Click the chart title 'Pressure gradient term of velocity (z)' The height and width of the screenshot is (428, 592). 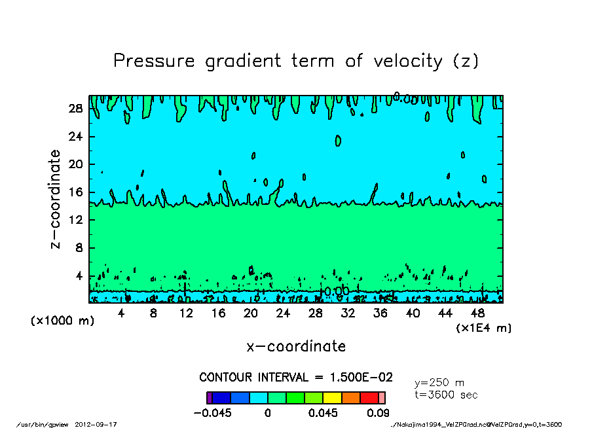point(296,62)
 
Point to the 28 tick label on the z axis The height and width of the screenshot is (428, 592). point(75,109)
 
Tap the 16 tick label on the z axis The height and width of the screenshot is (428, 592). point(75,192)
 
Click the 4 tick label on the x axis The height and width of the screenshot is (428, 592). point(121,313)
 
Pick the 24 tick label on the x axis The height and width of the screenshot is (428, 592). point(283,313)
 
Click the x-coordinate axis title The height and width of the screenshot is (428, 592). point(296,346)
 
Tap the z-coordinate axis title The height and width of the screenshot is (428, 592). point(56,199)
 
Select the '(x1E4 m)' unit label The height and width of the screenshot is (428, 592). point(484,328)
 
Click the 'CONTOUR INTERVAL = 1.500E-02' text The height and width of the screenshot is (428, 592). point(296,378)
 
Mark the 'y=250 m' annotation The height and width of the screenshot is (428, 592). point(439,382)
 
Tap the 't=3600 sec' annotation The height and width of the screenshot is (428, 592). point(447,395)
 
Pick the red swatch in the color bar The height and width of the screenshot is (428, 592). point(369,397)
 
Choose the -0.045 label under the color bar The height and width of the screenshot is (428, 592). point(212,413)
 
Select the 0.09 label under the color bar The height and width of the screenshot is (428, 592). point(379,413)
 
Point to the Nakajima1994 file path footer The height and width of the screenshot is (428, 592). point(475,424)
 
